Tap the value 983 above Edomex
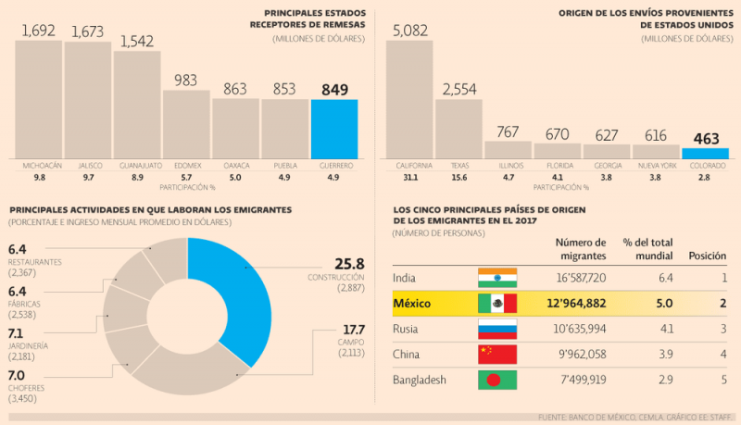[x=186, y=81]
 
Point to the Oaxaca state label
[x=236, y=165]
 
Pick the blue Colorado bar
[x=705, y=153]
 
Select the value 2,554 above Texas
[x=458, y=89]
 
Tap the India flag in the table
[x=496, y=278]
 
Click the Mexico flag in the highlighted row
[x=496, y=303]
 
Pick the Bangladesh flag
[x=496, y=380]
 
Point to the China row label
[x=406, y=354]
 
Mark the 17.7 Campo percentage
[x=354, y=330]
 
